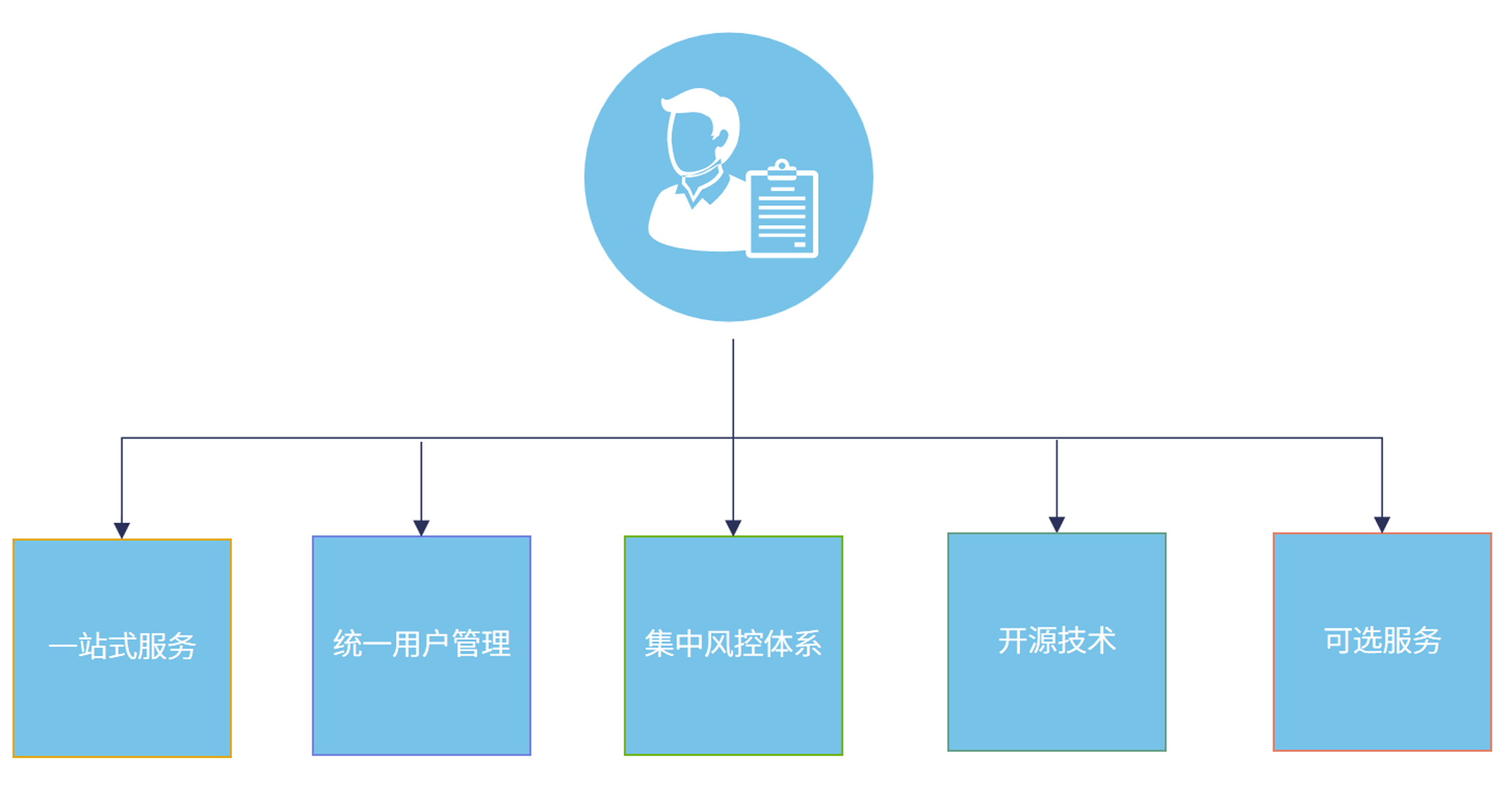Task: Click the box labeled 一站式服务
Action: click(122, 648)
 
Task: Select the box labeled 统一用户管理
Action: click(421, 645)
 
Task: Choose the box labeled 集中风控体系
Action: click(733, 645)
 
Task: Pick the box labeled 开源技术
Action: click(1056, 642)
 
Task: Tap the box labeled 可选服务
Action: click(1381, 642)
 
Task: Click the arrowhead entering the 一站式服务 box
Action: click(122, 530)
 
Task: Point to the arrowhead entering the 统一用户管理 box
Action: click(421, 527)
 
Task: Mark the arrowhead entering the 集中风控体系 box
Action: click(733, 527)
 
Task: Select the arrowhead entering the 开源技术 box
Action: click(1056, 524)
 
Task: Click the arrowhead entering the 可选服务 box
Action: click(1381, 524)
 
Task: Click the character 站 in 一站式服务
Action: click(93, 646)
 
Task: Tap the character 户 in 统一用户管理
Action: click(436, 644)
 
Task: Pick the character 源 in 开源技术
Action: click(1041, 641)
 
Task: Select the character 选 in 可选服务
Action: click(1367, 641)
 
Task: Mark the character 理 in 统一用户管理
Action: click(496, 644)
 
